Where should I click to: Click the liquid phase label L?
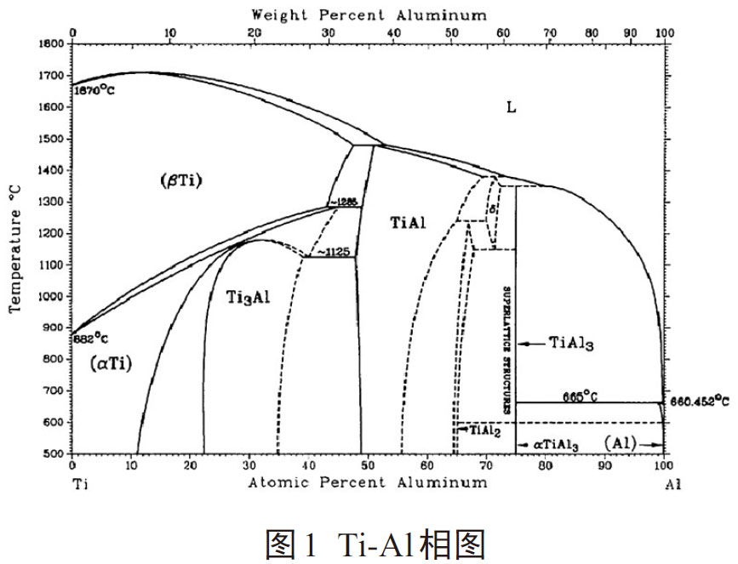click(x=512, y=108)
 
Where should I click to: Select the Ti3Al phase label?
click(x=249, y=297)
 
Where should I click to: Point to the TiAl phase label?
click(x=409, y=223)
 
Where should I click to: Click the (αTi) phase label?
click(x=111, y=363)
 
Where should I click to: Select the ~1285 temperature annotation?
click(x=345, y=202)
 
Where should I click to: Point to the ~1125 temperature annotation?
click(x=333, y=252)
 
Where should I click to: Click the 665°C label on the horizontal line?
click(x=579, y=396)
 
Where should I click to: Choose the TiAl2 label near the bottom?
click(x=478, y=431)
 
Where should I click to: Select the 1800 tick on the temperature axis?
click(x=53, y=43)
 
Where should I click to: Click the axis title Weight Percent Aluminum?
click(x=369, y=14)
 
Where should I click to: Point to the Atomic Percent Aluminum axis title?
click(x=369, y=482)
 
